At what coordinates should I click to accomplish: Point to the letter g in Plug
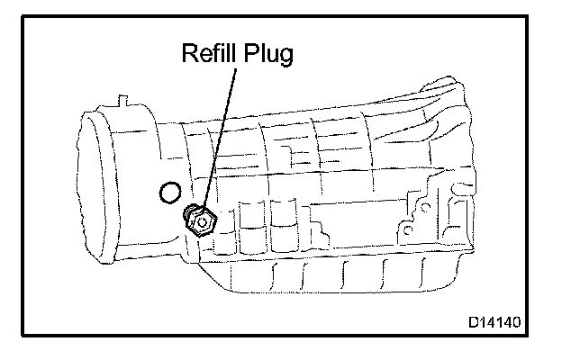(x=285, y=58)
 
